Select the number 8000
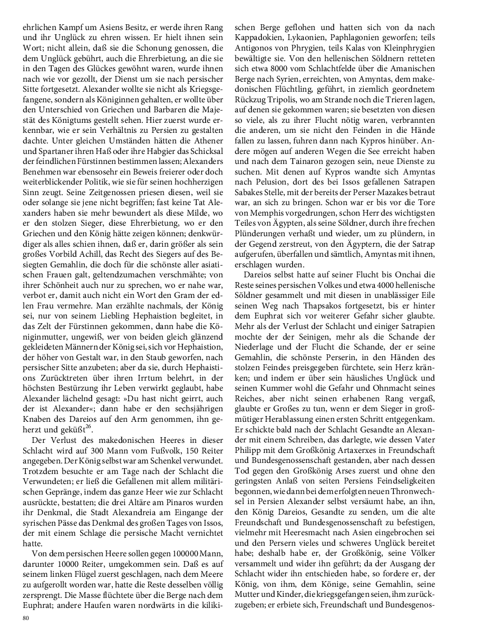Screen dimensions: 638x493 [x=280, y=69]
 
